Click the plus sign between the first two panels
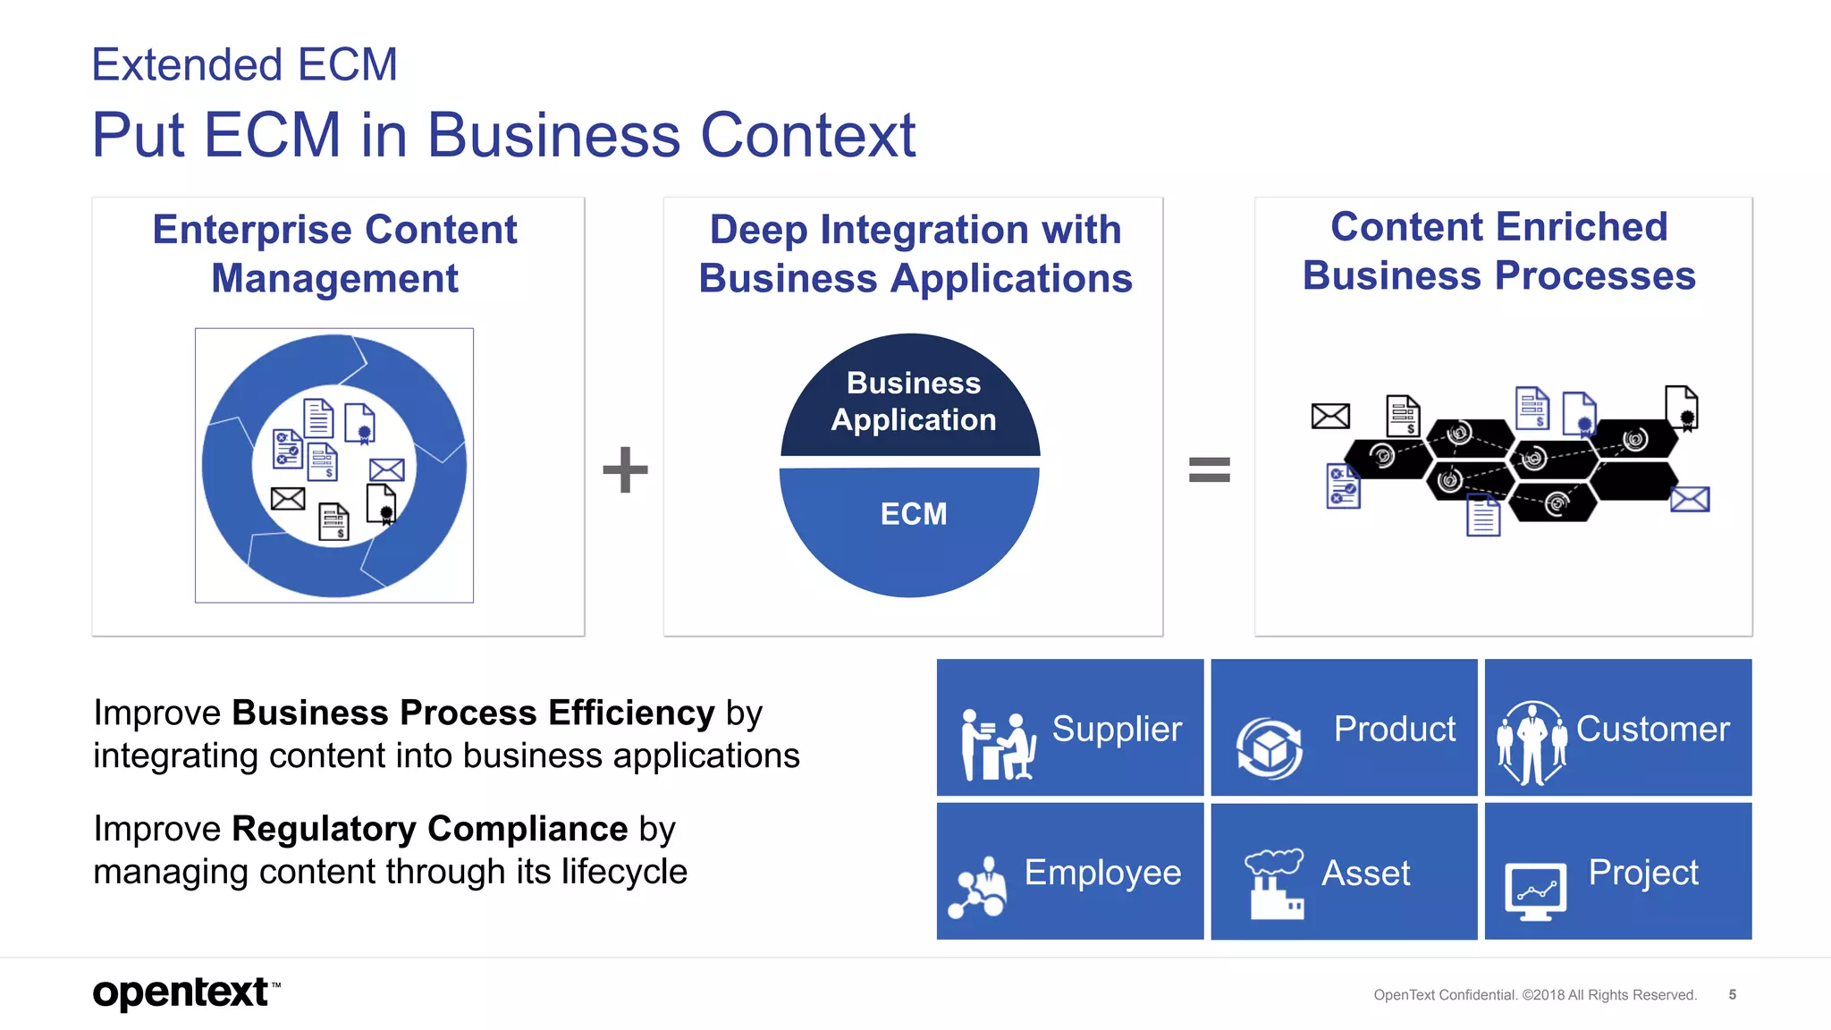pos(625,469)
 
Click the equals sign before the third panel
pos(1209,469)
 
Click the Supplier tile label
pos(1117,729)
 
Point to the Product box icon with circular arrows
pos(1269,747)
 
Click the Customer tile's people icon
pos(1531,742)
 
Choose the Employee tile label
pos(1102,872)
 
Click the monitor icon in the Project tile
pos(1535,891)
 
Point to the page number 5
pos(1732,994)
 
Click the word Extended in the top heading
pos(187,65)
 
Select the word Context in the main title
pos(807,136)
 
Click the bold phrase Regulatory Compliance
pos(429,829)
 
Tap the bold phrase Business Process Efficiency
pos(473,713)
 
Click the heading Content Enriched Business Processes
pos(1498,251)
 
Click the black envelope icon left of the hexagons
pos(1330,416)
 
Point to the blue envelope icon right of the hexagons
pos(1690,499)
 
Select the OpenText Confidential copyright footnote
pos(1534,995)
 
